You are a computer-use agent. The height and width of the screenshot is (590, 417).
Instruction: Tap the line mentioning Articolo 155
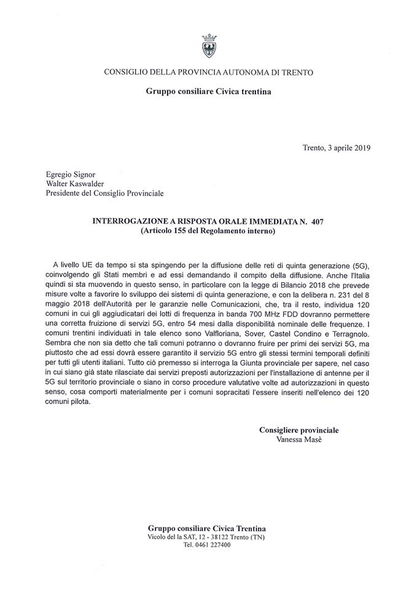pos(208,230)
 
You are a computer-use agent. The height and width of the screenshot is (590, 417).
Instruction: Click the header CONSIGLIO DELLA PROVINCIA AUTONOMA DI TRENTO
pos(208,73)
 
